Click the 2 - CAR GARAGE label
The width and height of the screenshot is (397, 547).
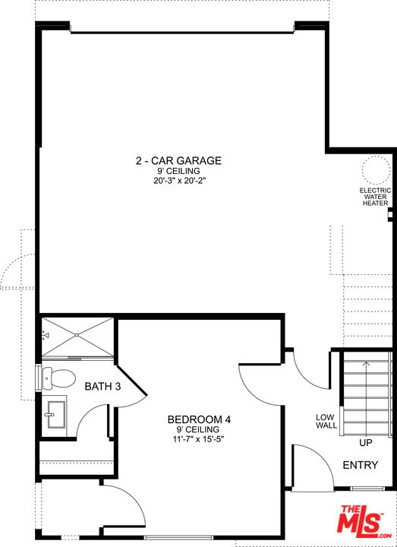tap(178, 160)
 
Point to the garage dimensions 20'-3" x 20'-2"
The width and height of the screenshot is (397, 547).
tap(178, 182)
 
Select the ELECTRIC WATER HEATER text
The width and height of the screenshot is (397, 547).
tap(376, 197)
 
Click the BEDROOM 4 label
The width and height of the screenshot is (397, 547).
tap(199, 419)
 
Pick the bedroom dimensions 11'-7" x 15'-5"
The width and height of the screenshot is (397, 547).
tap(198, 439)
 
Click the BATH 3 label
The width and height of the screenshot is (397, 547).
tap(102, 387)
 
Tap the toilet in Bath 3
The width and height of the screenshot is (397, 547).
tap(58, 378)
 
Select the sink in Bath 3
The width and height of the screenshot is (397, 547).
tap(55, 415)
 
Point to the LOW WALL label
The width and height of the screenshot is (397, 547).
tap(326, 422)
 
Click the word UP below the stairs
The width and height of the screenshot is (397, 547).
tap(366, 443)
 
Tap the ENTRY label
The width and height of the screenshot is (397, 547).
tap(361, 465)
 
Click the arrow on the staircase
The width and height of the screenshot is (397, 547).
tap(366, 398)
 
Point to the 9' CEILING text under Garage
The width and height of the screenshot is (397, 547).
tap(178, 171)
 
